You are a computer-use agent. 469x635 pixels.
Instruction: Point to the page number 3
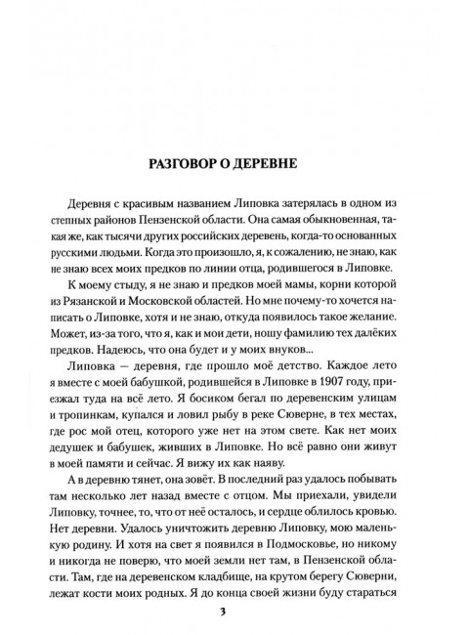(x=234, y=612)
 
